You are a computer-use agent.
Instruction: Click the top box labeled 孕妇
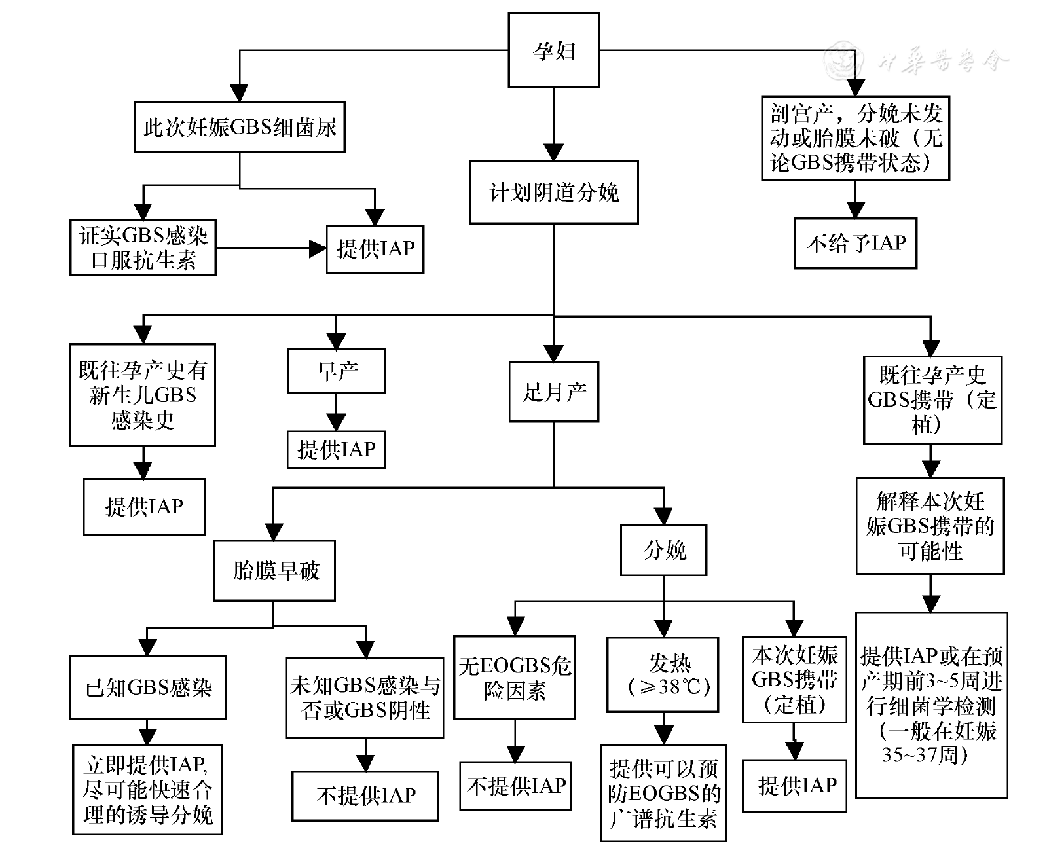click(x=553, y=50)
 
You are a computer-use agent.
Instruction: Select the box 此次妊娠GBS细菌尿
click(x=240, y=126)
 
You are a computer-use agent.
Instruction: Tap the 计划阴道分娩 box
click(x=553, y=192)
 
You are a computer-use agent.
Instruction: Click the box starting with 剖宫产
click(x=855, y=138)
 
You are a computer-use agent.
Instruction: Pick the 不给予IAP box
click(x=855, y=244)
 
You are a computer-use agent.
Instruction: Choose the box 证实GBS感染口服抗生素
click(x=143, y=247)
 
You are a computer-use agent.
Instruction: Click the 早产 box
click(x=336, y=371)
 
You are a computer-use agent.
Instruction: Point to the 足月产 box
click(x=553, y=392)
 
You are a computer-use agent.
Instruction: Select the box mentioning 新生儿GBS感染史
click(x=143, y=395)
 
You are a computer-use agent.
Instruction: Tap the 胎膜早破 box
click(x=274, y=570)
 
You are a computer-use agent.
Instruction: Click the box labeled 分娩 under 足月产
click(x=664, y=550)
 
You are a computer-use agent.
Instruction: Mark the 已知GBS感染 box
click(x=148, y=688)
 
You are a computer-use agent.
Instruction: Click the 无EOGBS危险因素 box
click(x=515, y=678)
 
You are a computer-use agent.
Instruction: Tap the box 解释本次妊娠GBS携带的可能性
click(x=930, y=526)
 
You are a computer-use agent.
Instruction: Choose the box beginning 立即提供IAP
click(x=148, y=790)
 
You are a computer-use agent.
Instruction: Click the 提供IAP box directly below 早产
click(x=336, y=450)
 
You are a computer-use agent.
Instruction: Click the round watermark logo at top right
click(x=843, y=60)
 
